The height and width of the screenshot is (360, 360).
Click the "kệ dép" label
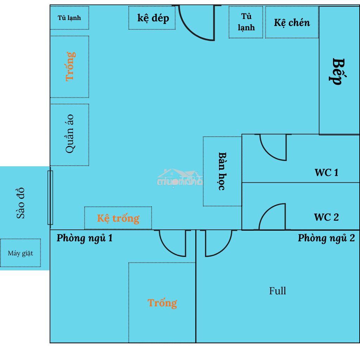153,18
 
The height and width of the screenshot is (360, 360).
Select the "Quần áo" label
70,134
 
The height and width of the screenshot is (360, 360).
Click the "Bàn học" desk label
222,171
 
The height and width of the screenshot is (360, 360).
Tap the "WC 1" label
326,173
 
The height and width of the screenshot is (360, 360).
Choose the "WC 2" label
326,217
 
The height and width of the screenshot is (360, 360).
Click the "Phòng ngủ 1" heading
84,238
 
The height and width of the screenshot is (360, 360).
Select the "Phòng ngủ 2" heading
326,238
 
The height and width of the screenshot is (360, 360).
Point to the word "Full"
278,291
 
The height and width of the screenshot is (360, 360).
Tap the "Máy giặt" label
20,253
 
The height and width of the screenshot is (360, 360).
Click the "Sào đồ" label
20,203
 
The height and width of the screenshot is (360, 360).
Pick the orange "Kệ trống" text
118,218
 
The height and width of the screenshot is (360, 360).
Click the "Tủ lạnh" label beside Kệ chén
246,22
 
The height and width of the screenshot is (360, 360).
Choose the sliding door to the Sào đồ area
50,198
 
